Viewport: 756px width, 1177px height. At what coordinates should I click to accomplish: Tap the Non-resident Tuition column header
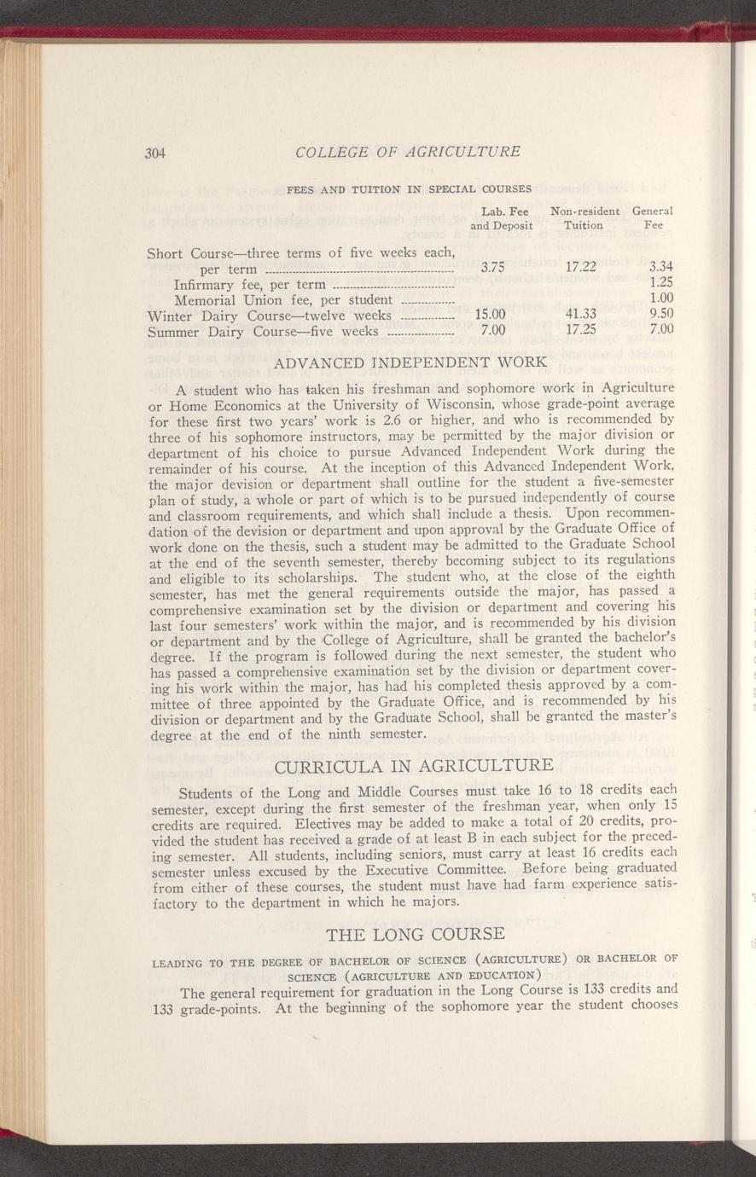point(585,218)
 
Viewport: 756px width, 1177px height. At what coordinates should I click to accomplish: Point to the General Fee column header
point(654,218)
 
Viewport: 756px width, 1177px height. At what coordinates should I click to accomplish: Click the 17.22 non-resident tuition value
point(580,266)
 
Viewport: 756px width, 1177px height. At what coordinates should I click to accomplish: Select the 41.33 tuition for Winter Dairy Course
point(580,313)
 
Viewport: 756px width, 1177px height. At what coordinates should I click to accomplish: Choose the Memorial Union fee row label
point(282,300)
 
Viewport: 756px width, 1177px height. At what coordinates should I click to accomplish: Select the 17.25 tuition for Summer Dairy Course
point(580,329)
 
